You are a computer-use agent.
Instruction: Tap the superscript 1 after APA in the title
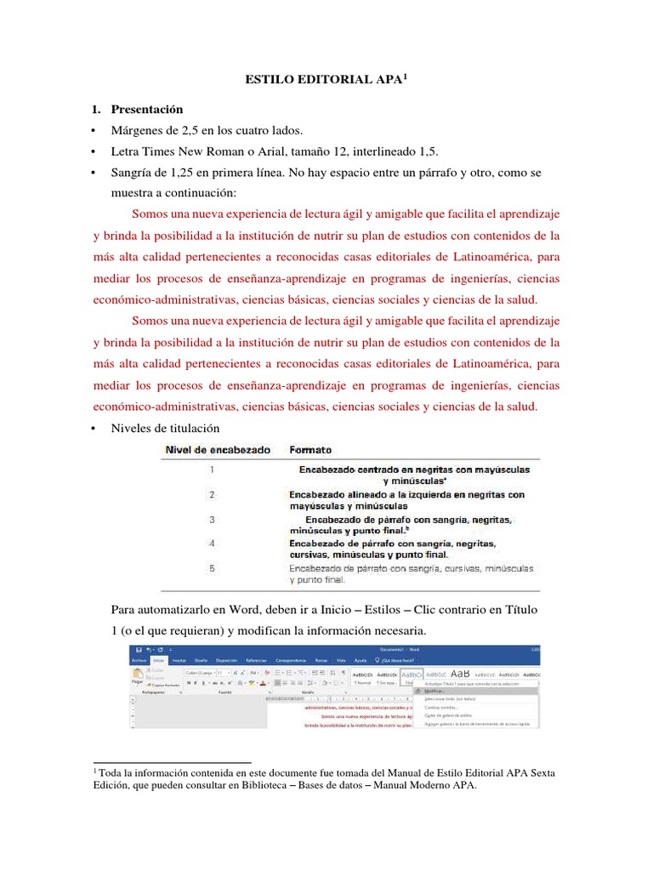(406, 77)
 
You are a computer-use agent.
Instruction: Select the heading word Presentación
(147, 111)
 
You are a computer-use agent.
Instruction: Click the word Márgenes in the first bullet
(138, 131)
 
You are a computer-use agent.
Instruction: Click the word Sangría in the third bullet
(133, 173)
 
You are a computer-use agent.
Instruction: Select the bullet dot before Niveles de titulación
(94, 428)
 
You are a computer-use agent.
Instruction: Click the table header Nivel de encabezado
(219, 449)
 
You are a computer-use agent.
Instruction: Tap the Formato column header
(311, 449)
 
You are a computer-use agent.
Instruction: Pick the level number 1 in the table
(211, 469)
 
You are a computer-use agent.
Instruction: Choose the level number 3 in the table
(211, 519)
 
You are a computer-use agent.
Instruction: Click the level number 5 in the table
(211, 567)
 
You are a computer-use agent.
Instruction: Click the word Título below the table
(521, 611)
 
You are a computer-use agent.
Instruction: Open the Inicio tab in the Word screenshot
(158, 659)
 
